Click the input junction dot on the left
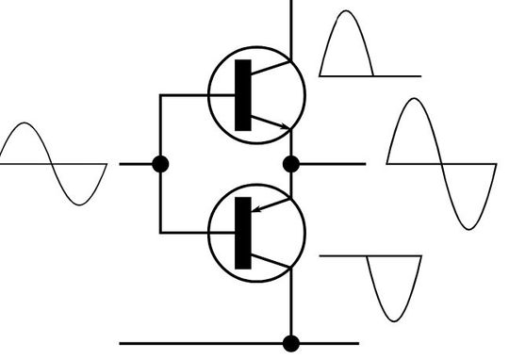pos(160,164)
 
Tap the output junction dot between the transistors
pos(291,164)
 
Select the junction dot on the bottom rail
pos(291,343)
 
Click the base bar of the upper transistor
pos(243,94)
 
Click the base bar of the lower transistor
pos(243,233)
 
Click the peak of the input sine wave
pos(27,125)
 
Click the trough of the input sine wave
pos(81,203)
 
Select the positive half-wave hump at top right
pos(346,42)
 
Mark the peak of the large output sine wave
pos(415,99)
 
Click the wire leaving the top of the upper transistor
pos(291,24)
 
